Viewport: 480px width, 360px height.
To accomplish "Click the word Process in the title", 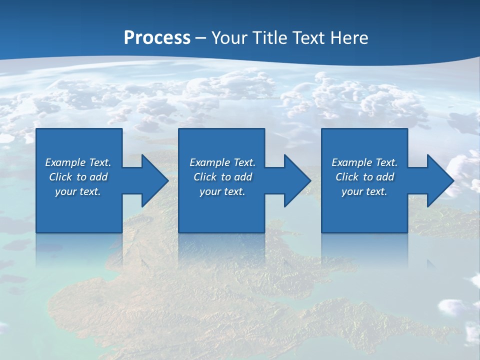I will (157, 37).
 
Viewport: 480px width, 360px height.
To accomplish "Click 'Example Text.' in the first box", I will (78, 162).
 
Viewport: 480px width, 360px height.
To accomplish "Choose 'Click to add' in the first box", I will (78, 177).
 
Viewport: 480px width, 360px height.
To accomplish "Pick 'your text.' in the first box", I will (78, 191).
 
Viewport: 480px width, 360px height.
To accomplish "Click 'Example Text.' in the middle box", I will (222, 162).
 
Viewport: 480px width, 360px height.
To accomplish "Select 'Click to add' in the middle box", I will (222, 177).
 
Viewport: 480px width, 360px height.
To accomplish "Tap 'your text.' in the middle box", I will (222, 191).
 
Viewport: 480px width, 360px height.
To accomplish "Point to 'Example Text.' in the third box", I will (364, 162).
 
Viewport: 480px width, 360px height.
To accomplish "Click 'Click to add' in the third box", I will (364, 177).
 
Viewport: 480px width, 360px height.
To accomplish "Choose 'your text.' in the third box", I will (364, 191).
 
